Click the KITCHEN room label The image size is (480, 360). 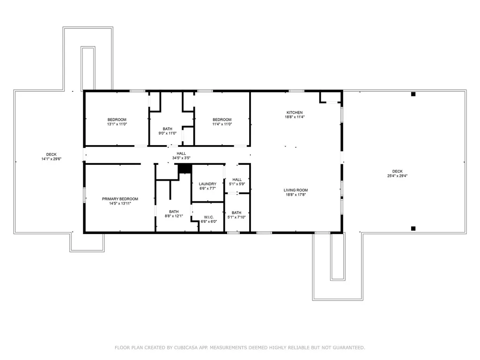295,113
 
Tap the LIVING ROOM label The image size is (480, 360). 295,190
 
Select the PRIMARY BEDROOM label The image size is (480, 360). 120,199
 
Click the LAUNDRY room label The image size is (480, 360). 207,184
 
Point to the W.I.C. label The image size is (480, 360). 209,217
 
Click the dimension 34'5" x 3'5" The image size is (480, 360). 181,158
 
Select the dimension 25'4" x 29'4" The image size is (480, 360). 398,176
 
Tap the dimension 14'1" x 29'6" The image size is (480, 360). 52,159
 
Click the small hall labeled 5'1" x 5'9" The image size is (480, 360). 237,182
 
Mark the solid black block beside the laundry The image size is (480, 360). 185,169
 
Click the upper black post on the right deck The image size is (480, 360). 413,94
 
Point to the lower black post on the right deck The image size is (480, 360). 413,228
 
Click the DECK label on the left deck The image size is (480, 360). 52,154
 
